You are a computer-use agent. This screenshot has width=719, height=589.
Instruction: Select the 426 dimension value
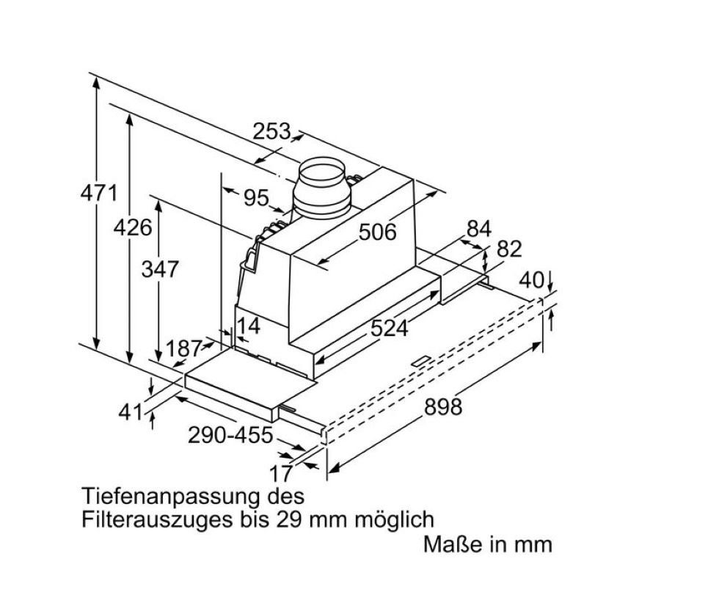click(133, 227)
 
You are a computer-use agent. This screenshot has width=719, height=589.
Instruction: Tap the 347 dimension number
click(159, 269)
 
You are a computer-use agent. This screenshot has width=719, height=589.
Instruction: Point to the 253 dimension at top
click(272, 131)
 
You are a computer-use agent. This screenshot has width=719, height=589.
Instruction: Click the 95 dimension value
click(256, 198)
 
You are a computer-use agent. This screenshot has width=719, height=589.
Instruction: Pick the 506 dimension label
click(377, 232)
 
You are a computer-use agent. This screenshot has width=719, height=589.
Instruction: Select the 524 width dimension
click(389, 328)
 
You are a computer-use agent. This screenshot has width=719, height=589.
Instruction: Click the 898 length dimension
click(443, 406)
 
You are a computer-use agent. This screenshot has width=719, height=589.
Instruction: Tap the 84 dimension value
click(478, 228)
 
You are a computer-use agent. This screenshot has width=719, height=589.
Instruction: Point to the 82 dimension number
click(509, 249)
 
